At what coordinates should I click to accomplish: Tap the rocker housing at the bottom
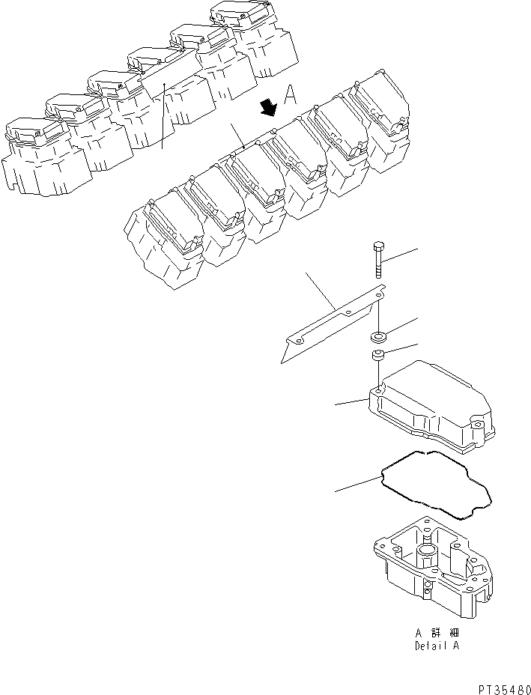tap(434, 569)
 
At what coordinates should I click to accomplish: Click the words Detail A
tap(437, 646)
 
